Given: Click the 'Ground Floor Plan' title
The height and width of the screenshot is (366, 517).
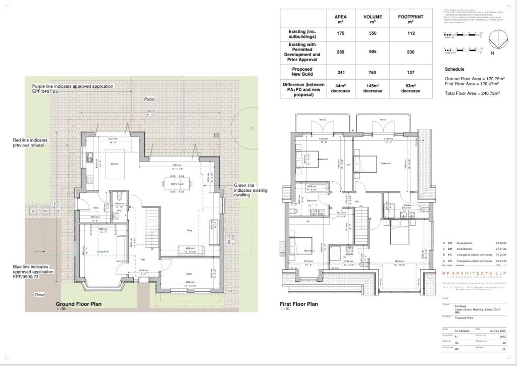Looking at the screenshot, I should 79,304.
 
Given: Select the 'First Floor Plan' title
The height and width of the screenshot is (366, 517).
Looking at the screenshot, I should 299,304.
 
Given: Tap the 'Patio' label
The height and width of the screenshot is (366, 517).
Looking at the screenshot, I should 149,99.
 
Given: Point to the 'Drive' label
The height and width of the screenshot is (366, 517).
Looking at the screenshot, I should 39,294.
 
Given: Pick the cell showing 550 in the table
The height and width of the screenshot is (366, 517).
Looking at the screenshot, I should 373,33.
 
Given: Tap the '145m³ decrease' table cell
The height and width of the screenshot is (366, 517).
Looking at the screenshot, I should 373,88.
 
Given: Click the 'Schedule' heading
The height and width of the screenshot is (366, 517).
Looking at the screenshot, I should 454,69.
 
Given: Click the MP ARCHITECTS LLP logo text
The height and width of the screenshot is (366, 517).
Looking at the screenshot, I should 470,273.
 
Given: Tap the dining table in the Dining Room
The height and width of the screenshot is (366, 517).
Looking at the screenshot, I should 177,182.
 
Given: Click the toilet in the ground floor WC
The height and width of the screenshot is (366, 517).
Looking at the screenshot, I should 118,196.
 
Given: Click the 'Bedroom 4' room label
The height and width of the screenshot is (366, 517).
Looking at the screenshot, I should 386,164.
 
